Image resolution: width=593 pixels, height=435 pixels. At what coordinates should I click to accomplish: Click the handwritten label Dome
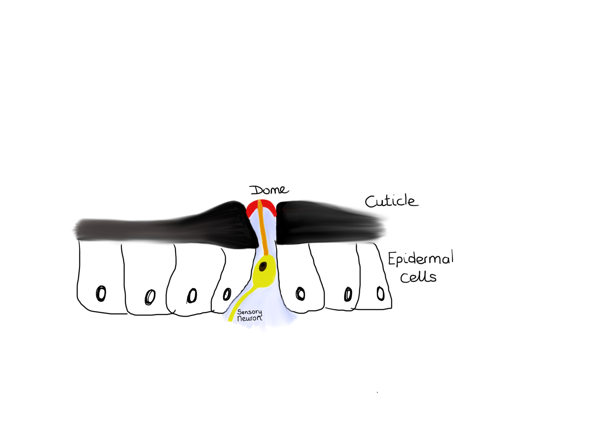[269, 190]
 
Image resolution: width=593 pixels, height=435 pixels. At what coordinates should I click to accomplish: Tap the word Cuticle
[391, 201]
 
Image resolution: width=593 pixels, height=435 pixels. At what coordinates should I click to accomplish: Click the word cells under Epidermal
[418, 277]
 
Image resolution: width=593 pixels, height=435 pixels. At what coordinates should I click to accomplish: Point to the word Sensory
[249, 312]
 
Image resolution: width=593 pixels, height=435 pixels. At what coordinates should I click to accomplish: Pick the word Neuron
[249, 318]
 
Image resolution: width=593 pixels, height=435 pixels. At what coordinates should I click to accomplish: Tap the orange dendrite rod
[263, 229]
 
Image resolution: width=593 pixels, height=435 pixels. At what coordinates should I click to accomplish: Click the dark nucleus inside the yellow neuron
[263, 266]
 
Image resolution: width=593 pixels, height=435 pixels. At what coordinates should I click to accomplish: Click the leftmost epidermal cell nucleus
[101, 293]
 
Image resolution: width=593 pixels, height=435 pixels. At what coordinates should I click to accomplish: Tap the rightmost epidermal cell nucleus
[381, 294]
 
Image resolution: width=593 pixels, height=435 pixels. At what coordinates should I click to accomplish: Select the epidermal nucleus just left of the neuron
[227, 294]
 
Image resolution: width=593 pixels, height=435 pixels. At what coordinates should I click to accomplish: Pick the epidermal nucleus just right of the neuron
[300, 294]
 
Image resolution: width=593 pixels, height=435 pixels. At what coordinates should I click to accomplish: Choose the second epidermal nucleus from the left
[150, 297]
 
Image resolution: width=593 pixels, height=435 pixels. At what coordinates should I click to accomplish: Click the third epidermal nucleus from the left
[192, 296]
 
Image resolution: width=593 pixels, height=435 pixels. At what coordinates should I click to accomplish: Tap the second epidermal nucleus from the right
[348, 294]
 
